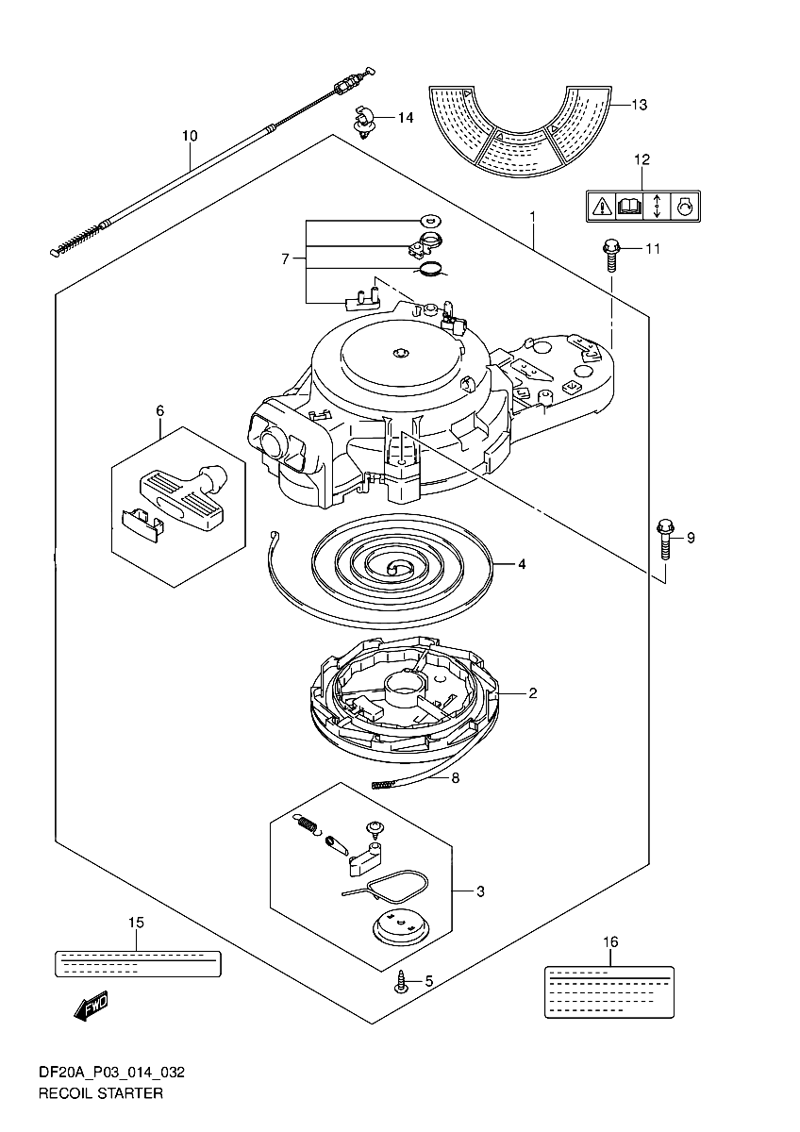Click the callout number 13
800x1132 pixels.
tap(640, 105)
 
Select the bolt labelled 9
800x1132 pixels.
tap(664, 540)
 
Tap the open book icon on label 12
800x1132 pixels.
tap(629, 207)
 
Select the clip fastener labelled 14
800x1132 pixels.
tap(362, 122)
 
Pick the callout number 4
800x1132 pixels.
tap(522, 563)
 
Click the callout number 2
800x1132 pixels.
tap(533, 692)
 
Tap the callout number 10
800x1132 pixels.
tap(190, 136)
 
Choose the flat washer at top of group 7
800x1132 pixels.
tap(431, 219)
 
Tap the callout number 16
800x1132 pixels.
tap(610, 942)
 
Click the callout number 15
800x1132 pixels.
tap(136, 923)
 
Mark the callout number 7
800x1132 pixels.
tap(286, 259)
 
